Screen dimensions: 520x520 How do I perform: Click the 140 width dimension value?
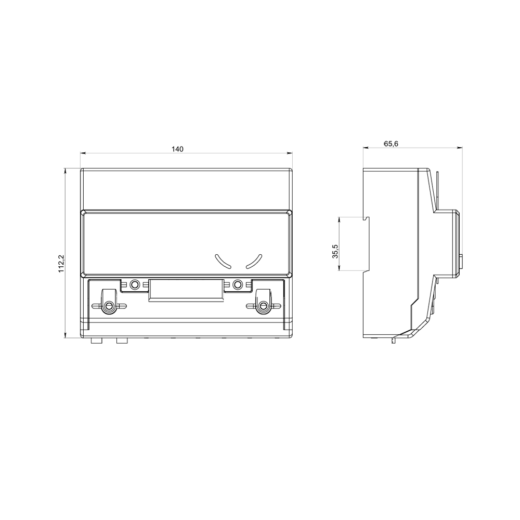coord(177,149)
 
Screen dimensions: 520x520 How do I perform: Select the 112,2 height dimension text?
coord(61,264)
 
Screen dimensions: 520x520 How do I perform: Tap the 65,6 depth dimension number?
coord(391,144)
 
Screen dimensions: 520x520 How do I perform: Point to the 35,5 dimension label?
coord(335,251)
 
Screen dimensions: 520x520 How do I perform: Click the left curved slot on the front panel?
coord(223,262)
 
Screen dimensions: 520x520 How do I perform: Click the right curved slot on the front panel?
coord(254,262)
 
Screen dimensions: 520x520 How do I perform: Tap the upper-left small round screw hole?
coord(135,284)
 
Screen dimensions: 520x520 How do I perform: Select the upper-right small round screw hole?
coord(238,284)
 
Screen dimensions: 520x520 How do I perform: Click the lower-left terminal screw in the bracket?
coord(109,306)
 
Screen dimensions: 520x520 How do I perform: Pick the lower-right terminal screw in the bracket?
coord(264,306)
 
